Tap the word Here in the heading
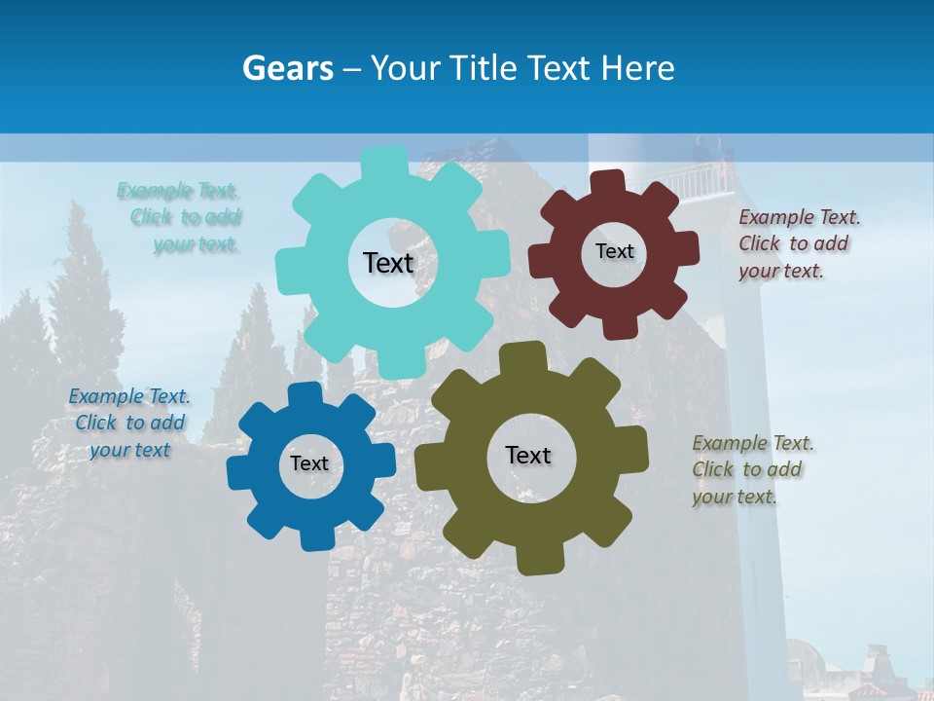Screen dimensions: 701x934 coord(638,68)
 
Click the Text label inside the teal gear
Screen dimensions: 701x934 coord(388,263)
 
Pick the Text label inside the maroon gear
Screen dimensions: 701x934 coord(614,251)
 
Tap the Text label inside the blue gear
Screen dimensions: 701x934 coord(309,463)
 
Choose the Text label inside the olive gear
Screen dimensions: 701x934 coord(528,455)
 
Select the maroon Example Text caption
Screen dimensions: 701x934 coord(798,243)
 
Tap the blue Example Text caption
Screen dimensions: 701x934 coord(129,423)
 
